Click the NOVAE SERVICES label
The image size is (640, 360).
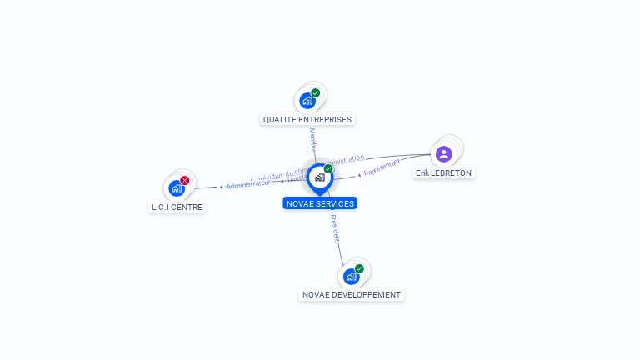[320, 203]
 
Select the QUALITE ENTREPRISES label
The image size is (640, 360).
[307, 119]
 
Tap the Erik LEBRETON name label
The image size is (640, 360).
[444, 172]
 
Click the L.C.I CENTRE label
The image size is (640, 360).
[177, 207]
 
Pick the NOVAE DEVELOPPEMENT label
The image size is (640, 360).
[352, 294]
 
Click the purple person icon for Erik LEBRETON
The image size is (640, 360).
[443, 153]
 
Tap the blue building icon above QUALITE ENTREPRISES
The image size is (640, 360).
[307, 101]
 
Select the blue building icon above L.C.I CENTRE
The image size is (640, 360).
[176, 188]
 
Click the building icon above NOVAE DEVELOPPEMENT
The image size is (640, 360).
[351, 276]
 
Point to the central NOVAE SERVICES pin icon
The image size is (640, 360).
[319, 177]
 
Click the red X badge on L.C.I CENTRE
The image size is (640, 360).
[185, 180]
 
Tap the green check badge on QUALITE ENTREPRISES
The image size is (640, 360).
[316, 93]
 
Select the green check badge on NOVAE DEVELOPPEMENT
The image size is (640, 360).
[359, 268]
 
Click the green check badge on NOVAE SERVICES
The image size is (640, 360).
[328, 169]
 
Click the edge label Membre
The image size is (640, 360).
[313, 139]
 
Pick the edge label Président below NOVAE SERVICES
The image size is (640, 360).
[335, 228]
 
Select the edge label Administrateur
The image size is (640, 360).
[247, 184]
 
